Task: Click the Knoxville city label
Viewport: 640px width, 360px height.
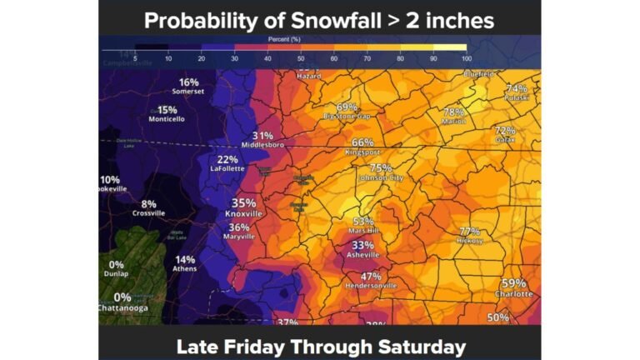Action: coord(244,214)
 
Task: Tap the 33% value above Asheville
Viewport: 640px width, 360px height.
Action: coord(362,245)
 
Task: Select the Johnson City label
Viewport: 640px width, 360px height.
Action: coord(380,178)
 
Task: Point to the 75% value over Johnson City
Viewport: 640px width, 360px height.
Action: coord(381,167)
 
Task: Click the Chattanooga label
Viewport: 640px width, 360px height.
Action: coord(122,308)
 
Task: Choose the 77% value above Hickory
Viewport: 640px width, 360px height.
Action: coord(470,231)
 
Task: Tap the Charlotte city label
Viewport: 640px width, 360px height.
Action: coord(513,294)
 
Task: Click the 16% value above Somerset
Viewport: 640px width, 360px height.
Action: coord(188,82)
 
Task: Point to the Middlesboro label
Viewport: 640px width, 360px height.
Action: coord(263,145)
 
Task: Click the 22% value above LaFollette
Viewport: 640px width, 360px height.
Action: coord(227,159)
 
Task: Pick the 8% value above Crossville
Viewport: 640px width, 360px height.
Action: coord(148,204)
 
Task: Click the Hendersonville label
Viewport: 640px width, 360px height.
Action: coord(371,286)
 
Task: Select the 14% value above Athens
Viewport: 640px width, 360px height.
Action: coord(185,259)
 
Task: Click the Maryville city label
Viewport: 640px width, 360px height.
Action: coord(239,237)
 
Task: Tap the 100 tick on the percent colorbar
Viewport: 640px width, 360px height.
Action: coord(466,58)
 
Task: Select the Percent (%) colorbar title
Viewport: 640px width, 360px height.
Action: coord(283,39)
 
